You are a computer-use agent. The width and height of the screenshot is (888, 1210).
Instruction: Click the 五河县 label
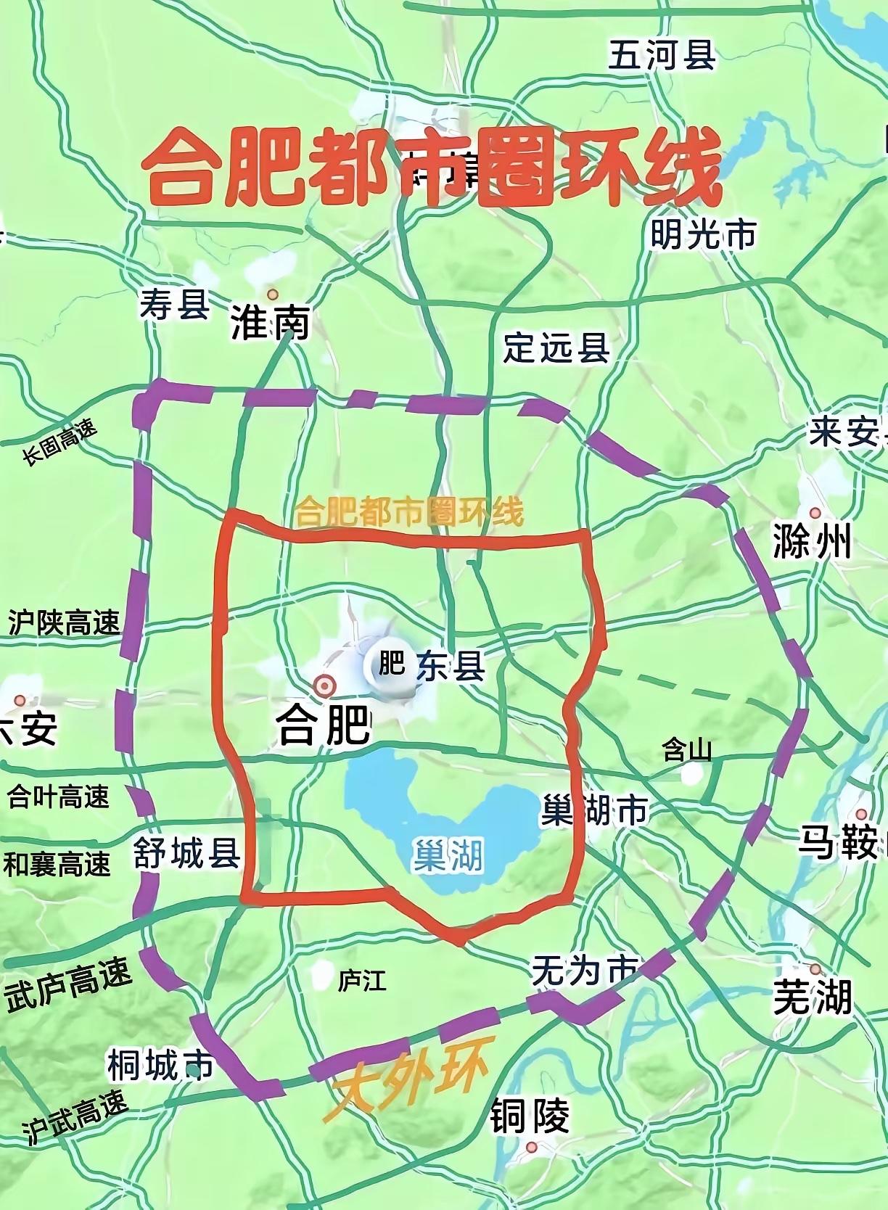[662, 56]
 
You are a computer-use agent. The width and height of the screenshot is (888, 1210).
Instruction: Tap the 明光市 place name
[702, 234]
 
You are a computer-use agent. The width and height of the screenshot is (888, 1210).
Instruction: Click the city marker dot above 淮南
[273, 295]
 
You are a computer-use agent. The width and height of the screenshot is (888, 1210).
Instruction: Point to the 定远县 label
[557, 349]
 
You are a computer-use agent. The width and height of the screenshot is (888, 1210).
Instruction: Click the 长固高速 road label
[59, 443]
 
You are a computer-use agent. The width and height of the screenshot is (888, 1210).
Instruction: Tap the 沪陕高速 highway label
[64, 622]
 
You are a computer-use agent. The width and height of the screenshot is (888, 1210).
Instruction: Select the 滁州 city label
[811, 542]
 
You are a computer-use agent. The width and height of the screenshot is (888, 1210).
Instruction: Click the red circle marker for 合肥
[323, 684]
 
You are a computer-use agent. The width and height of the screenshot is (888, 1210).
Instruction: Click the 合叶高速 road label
[58, 797]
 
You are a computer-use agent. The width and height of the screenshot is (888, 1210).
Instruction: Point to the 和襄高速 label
[58, 864]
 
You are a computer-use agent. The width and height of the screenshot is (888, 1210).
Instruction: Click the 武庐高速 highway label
[67, 987]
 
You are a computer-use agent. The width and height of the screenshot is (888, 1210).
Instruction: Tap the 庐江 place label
[362, 981]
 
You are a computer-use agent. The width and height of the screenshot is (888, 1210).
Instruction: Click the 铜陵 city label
[530, 1116]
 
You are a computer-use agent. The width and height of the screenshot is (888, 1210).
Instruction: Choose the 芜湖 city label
[811, 997]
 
